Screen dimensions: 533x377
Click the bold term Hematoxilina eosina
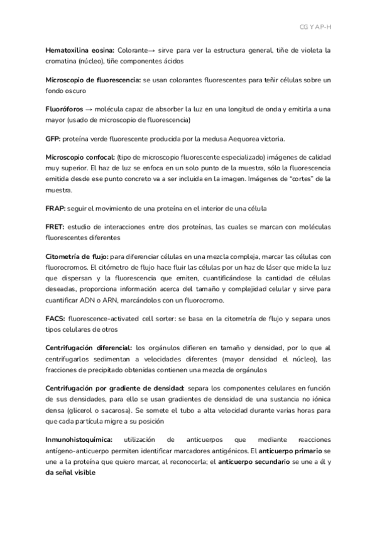(79, 50)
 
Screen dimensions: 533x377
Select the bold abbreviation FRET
(55, 226)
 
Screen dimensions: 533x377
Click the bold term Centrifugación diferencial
(89, 348)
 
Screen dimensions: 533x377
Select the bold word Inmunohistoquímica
(79, 441)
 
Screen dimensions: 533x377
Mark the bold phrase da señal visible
(70, 473)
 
